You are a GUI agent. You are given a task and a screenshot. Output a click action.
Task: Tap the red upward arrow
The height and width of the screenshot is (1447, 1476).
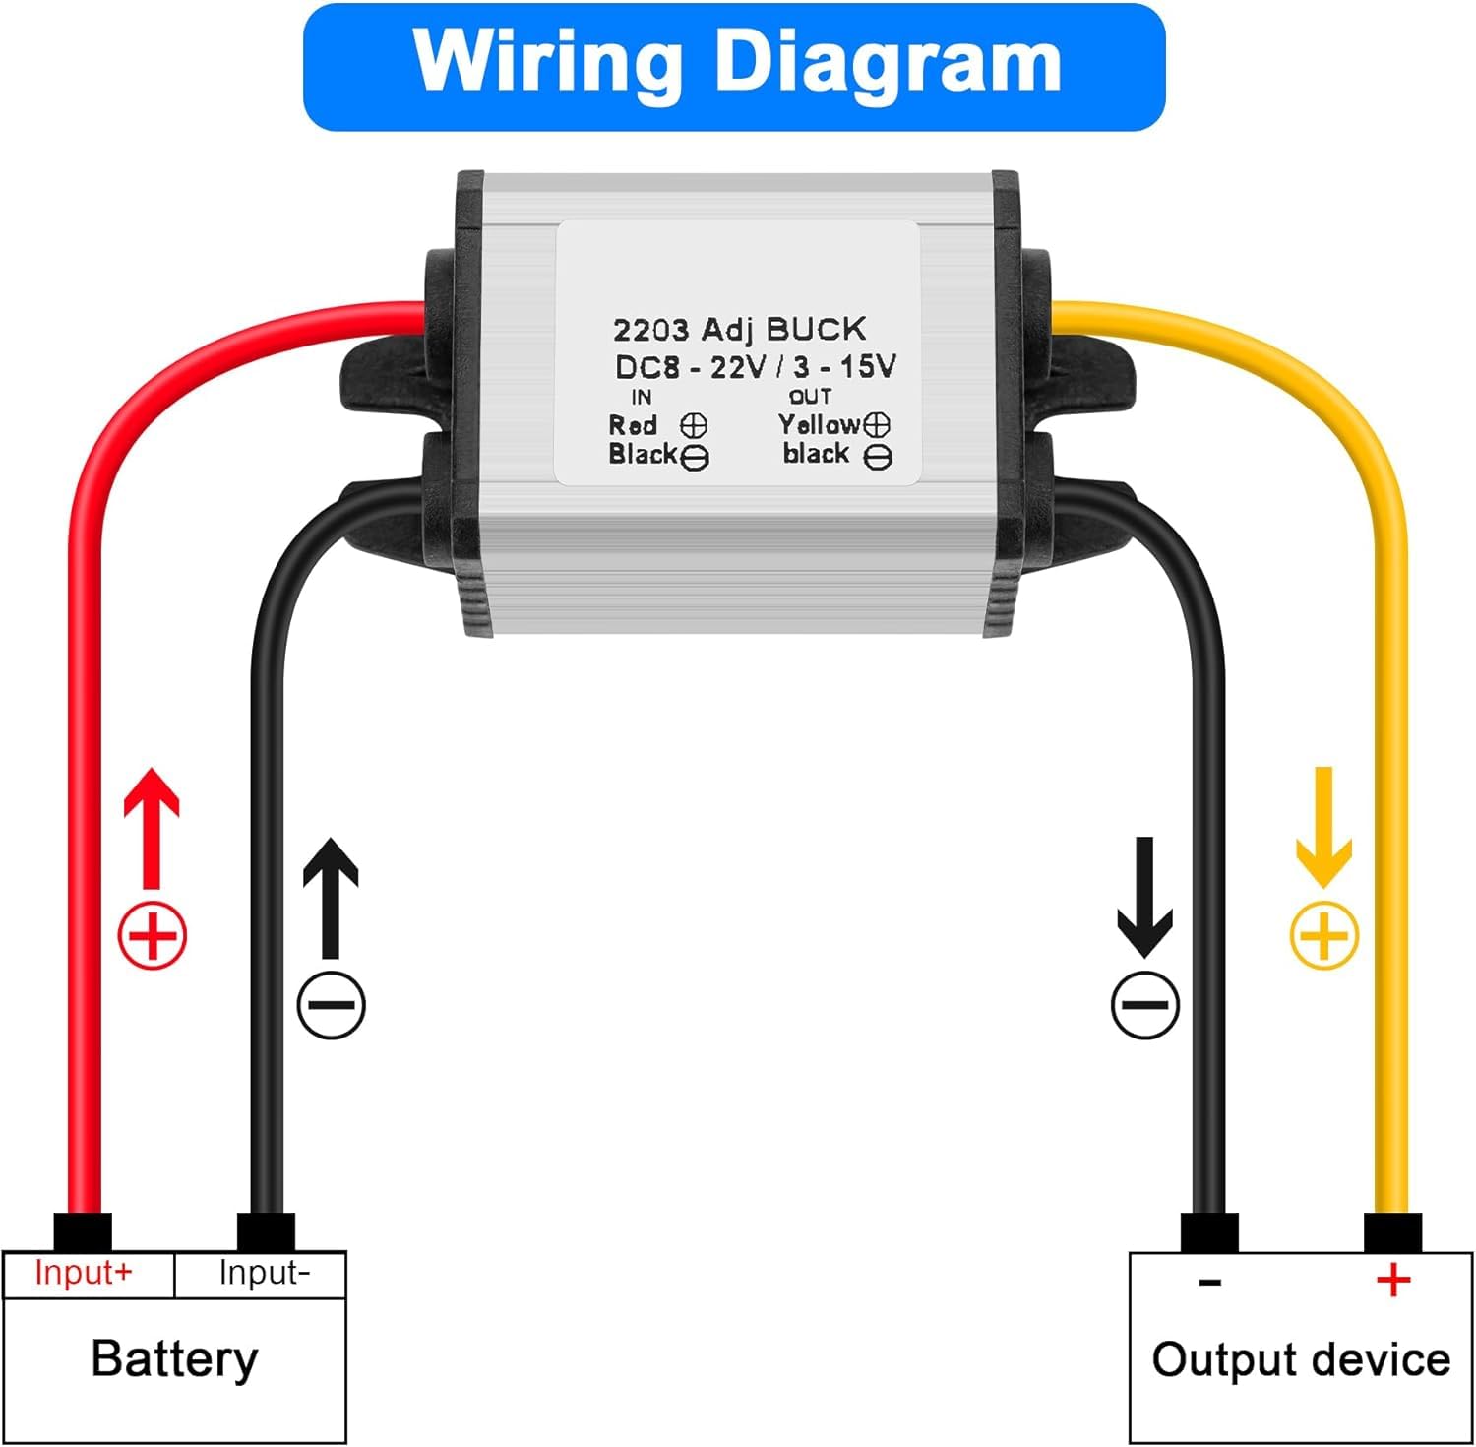click(152, 827)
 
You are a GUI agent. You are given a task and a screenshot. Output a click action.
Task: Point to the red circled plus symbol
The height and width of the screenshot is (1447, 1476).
click(153, 935)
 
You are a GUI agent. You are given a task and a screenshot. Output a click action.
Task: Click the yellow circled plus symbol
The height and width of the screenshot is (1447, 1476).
click(1323, 935)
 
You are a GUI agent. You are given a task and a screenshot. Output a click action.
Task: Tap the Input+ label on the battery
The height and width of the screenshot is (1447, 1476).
click(83, 1273)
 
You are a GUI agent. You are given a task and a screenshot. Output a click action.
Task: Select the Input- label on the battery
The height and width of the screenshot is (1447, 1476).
click(264, 1273)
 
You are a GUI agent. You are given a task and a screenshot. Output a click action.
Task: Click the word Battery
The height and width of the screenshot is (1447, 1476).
click(174, 1359)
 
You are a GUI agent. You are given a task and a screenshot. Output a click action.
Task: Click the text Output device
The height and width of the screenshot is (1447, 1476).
click(1301, 1359)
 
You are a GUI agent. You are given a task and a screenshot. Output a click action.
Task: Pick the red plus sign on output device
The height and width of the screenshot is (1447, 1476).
click(1393, 1281)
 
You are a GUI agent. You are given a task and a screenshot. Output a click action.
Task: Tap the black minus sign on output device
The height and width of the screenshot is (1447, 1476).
click(1210, 1282)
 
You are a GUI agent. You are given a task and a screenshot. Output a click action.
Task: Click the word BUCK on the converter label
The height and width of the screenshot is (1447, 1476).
click(815, 329)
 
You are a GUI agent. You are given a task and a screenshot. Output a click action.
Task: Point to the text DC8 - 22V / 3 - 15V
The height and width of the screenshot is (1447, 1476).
click(755, 366)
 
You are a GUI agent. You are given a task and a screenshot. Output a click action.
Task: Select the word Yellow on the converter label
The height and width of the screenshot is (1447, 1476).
click(819, 424)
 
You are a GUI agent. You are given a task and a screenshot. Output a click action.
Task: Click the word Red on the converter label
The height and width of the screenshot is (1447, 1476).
click(633, 425)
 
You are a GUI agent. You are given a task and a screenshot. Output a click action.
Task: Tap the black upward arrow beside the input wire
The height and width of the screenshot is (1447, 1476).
click(331, 897)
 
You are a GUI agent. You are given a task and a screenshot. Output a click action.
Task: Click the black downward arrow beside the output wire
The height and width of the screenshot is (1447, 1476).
click(1144, 897)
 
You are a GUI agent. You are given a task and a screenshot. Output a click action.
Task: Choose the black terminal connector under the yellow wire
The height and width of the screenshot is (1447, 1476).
click(1391, 1232)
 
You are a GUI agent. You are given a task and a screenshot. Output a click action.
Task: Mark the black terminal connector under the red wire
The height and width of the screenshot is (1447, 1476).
click(83, 1232)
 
